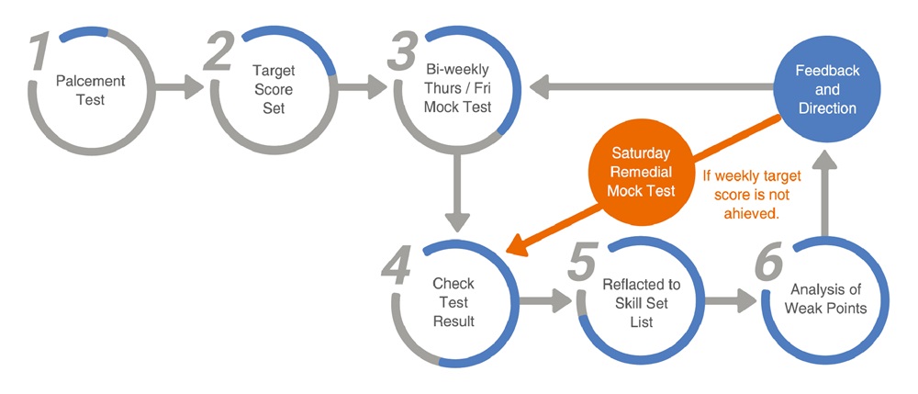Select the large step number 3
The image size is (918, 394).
point(401,54)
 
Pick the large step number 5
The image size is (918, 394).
point(582,265)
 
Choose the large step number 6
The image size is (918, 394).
point(767,265)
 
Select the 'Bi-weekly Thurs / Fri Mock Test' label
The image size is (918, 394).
point(456,88)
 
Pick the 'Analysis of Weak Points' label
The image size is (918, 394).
point(825,299)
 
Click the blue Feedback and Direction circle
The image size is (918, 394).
point(825,89)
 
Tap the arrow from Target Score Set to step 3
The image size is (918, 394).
point(362,89)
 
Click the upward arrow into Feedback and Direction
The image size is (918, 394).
point(825,194)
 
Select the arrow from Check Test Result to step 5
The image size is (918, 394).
point(546,300)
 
